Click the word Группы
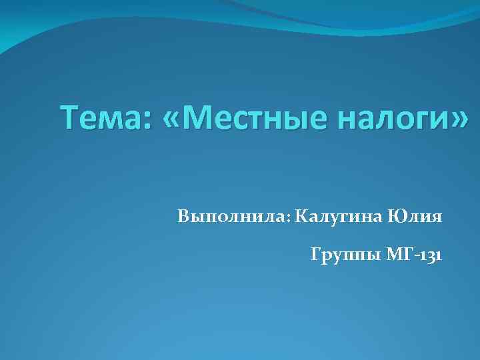344,255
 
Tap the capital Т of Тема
69,119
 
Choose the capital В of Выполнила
184,217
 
